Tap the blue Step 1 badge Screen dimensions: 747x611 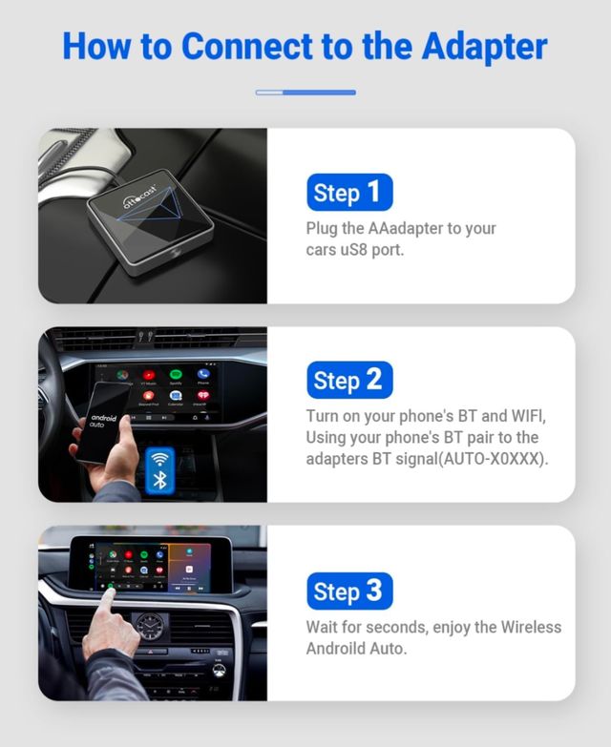(x=349, y=193)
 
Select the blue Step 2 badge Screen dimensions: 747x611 (x=349, y=381)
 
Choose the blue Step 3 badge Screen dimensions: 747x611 (x=349, y=591)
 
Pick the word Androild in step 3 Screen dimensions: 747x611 (x=335, y=649)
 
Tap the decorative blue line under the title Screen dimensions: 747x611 (x=305, y=93)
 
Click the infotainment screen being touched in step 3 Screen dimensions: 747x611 (x=153, y=563)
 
